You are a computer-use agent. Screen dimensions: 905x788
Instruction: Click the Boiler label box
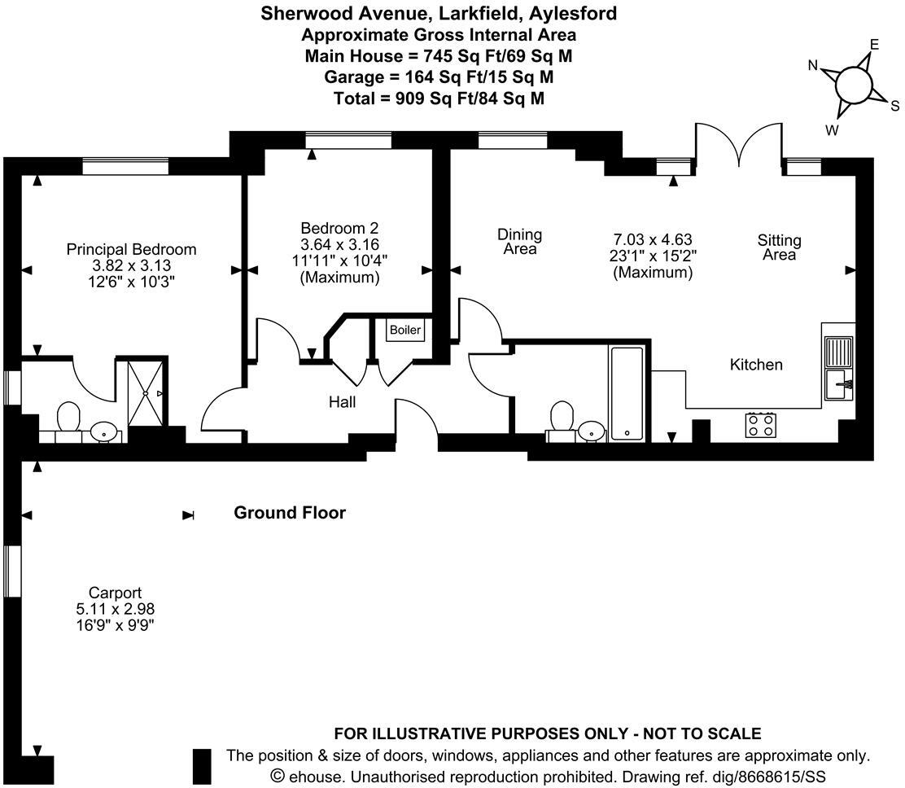(405, 330)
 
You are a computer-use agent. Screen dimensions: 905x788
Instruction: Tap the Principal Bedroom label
(131, 250)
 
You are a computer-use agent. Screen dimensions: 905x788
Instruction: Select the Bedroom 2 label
(339, 229)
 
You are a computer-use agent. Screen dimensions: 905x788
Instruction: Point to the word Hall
(342, 401)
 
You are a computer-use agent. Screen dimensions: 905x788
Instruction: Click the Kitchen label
(756, 365)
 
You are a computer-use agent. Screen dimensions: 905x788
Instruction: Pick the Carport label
(116, 593)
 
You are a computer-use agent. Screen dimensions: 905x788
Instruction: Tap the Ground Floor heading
(290, 513)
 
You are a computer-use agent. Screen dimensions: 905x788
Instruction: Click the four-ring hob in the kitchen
(761, 424)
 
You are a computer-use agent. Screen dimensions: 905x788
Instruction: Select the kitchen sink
(837, 383)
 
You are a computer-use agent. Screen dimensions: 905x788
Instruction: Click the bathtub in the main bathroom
(627, 393)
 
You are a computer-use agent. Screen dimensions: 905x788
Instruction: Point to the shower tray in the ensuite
(147, 393)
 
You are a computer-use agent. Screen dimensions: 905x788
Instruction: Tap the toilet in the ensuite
(68, 421)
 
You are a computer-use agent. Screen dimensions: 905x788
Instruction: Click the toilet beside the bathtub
(562, 419)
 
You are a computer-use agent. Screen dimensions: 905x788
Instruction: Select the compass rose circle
(853, 84)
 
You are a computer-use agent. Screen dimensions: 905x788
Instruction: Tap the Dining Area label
(519, 242)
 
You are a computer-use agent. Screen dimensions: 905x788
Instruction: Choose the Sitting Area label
(779, 247)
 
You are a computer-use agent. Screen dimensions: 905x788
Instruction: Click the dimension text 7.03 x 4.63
(652, 239)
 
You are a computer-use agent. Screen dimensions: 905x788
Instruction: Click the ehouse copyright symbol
(278, 776)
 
